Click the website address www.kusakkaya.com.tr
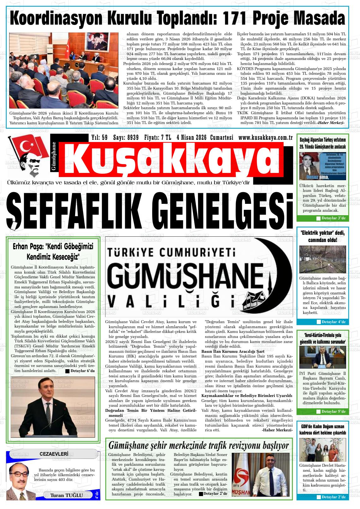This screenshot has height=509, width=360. point(265,138)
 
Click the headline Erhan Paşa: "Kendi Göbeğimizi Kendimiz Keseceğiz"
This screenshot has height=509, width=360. point(53,251)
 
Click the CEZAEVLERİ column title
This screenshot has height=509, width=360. point(54,454)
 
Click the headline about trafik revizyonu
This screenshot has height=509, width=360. point(198,445)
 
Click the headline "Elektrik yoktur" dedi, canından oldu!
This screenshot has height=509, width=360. point(322,237)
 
